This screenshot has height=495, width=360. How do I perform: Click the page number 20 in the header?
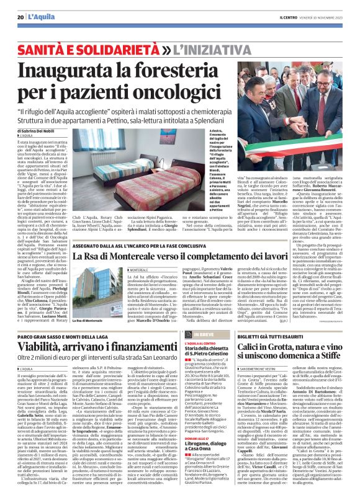tap(20, 17)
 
